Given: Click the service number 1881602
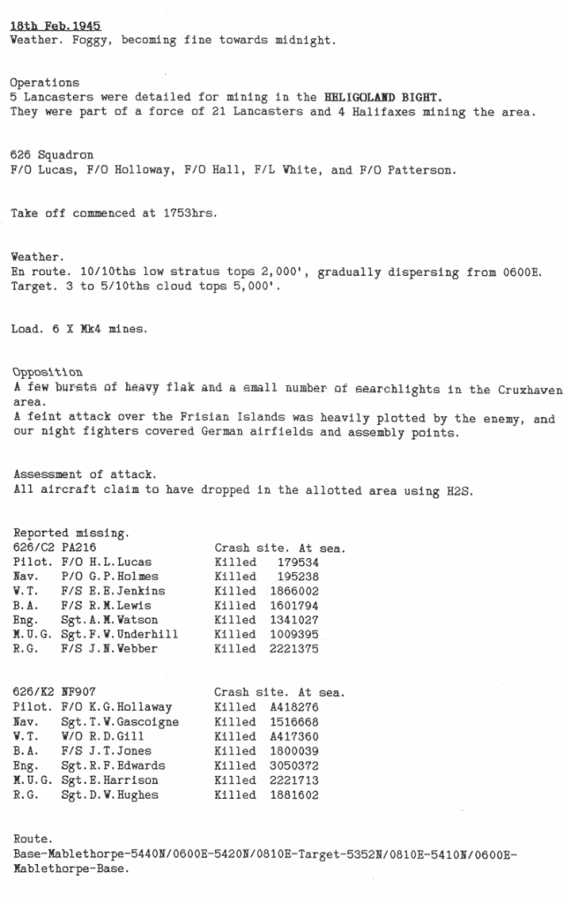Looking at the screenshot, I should [x=296, y=794].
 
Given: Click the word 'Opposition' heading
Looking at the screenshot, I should [x=47, y=371].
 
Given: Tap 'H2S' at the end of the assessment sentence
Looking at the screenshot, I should [x=461, y=491].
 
